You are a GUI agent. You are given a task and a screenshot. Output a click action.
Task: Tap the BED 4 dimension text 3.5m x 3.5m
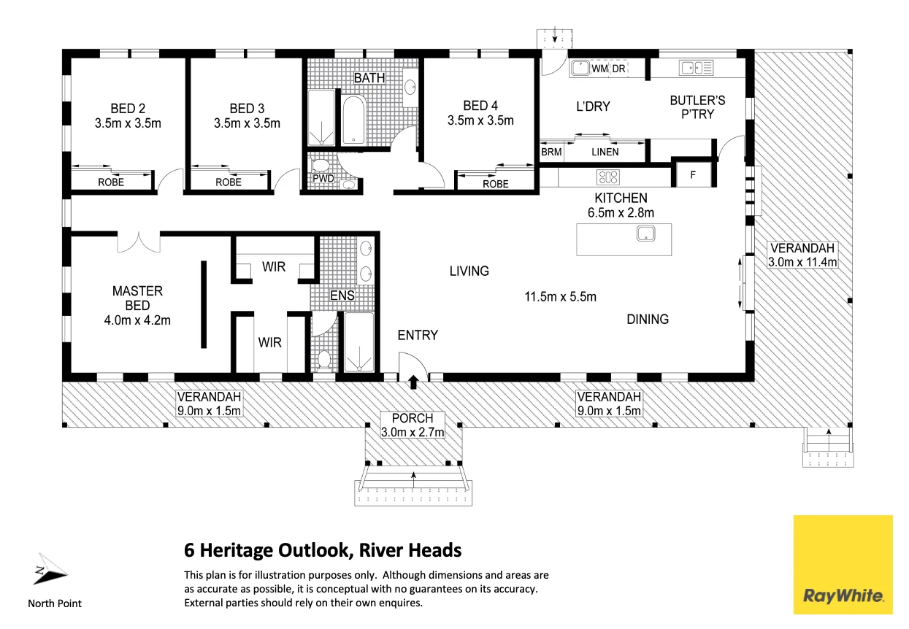tap(480, 120)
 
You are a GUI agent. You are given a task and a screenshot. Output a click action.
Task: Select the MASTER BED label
tap(137, 298)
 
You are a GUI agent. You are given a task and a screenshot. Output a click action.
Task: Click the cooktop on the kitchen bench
tap(608, 177)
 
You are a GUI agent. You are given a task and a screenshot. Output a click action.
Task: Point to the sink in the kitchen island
tap(645, 234)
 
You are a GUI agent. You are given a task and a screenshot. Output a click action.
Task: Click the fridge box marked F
tap(691, 175)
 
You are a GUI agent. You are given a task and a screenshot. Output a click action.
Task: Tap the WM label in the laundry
tap(599, 69)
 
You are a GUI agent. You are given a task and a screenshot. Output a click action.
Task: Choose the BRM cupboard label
tap(551, 152)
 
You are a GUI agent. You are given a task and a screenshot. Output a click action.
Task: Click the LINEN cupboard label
tap(605, 152)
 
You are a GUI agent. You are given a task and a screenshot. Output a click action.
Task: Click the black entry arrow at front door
tap(413, 380)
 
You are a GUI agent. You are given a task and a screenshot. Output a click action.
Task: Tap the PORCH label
tap(413, 418)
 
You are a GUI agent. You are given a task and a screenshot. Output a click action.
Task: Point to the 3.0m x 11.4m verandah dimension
tap(802, 261)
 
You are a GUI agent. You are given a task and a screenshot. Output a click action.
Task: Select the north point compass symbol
tap(48, 571)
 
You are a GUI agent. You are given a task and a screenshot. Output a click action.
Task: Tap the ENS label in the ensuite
tap(342, 296)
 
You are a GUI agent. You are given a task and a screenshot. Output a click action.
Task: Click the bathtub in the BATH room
tap(354, 119)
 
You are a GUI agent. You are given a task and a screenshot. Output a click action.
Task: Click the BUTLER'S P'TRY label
tap(697, 107)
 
